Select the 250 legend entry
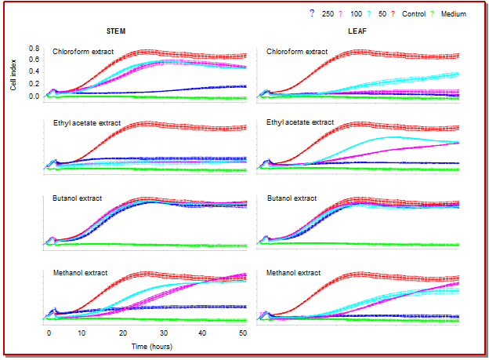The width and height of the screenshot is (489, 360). point(328,14)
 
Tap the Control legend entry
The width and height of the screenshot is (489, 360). point(414,14)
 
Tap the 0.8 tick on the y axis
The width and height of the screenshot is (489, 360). point(34,49)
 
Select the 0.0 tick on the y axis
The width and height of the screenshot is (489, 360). point(34,96)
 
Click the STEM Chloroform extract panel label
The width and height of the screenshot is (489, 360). point(83,52)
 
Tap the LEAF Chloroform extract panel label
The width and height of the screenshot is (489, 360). point(297,52)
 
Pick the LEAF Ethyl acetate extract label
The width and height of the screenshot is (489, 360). point(300,123)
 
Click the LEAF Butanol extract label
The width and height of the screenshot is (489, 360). point(292,198)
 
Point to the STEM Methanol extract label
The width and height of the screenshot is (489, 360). point(80,273)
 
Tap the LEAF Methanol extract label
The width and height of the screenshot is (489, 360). point(294,273)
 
